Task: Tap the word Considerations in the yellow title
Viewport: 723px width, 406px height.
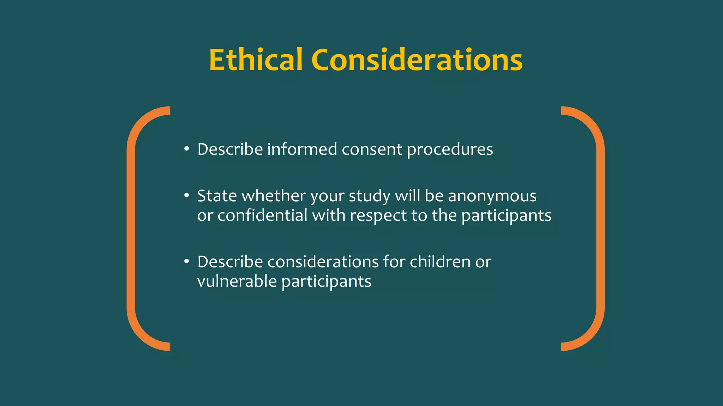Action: (x=417, y=60)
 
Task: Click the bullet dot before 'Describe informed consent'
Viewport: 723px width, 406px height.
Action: (x=187, y=149)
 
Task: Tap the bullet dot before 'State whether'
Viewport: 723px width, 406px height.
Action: (x=187, y=196)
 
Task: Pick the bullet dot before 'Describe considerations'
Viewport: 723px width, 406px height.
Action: (x=187, y=262)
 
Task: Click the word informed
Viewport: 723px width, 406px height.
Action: (x=302, y=149)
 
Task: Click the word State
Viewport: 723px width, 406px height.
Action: (x=217, y=196)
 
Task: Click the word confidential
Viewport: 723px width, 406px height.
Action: (x=262, y=215)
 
